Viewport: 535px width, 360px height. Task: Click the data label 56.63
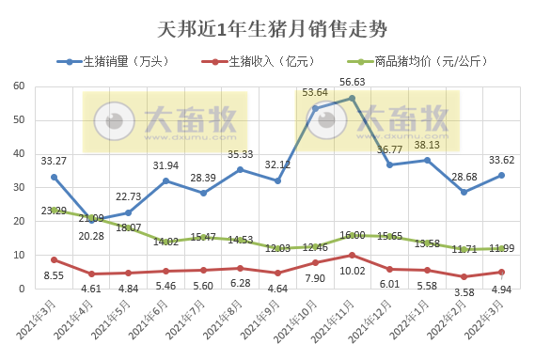click(353, 82)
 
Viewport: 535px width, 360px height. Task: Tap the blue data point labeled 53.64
click(315, 108)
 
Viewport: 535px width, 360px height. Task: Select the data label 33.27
click(54, 161)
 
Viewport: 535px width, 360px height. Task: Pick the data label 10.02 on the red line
click(353, 271)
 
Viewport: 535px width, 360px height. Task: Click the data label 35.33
click(241, 154)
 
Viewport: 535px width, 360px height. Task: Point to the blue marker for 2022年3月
click(501, 175)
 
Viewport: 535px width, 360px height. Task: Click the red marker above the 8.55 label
click(54, 259)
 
